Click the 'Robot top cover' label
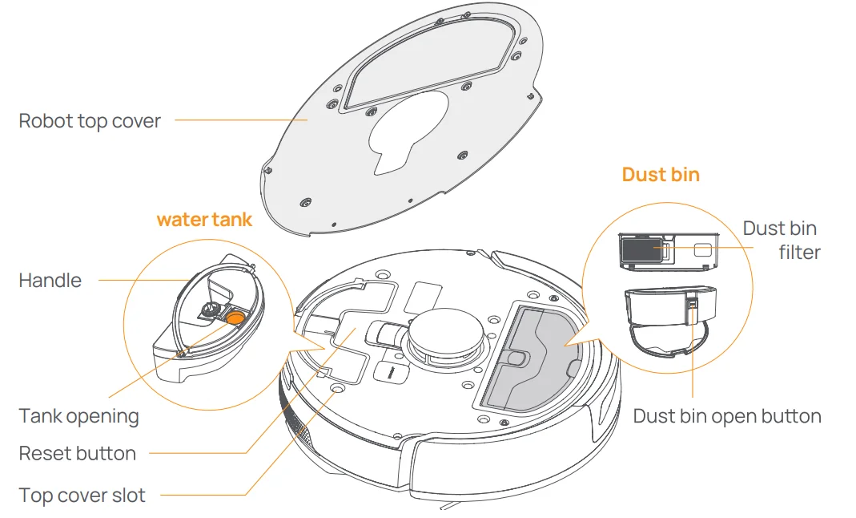pos(90,122)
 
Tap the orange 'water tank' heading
pos(204,220)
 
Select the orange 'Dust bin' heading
pos(661,175)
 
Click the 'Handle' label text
pos(50,281)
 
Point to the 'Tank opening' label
pos(78,417)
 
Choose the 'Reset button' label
pos(78,454)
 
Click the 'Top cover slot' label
pos(82,496)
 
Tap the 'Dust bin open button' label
pos(727,416)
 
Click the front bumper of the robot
pos(512,473)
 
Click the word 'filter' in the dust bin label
pos(799,253)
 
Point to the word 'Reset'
pos(44,454)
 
